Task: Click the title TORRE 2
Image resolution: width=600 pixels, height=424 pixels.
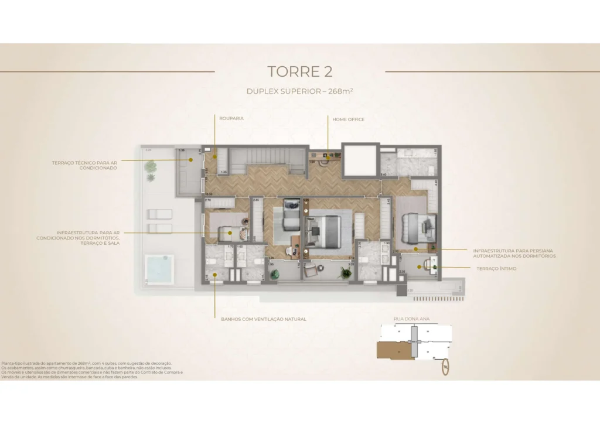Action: (299, 72)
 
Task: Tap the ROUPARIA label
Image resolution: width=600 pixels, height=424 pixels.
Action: (231, 118)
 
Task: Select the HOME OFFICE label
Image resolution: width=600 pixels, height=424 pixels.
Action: (348, 119)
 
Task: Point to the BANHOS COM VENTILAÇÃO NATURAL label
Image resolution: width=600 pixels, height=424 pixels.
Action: (264, 319)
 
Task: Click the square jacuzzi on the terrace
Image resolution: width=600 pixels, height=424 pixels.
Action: (159, 268)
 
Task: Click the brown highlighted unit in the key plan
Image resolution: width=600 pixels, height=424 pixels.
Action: (393, 350)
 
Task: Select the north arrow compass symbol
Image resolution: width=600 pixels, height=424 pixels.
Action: (445, 367)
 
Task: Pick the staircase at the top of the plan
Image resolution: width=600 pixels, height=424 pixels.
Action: (267, 160)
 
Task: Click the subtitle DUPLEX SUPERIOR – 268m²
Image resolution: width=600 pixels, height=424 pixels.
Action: (299, 91)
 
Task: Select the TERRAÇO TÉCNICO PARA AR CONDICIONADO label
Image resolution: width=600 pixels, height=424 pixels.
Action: (84, 165)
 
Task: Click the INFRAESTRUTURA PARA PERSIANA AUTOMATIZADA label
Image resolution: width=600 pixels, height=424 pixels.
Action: (514, 254)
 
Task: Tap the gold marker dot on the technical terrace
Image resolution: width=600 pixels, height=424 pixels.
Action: (190, 160)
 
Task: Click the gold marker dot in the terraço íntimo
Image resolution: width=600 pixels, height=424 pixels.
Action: (420, 267)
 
